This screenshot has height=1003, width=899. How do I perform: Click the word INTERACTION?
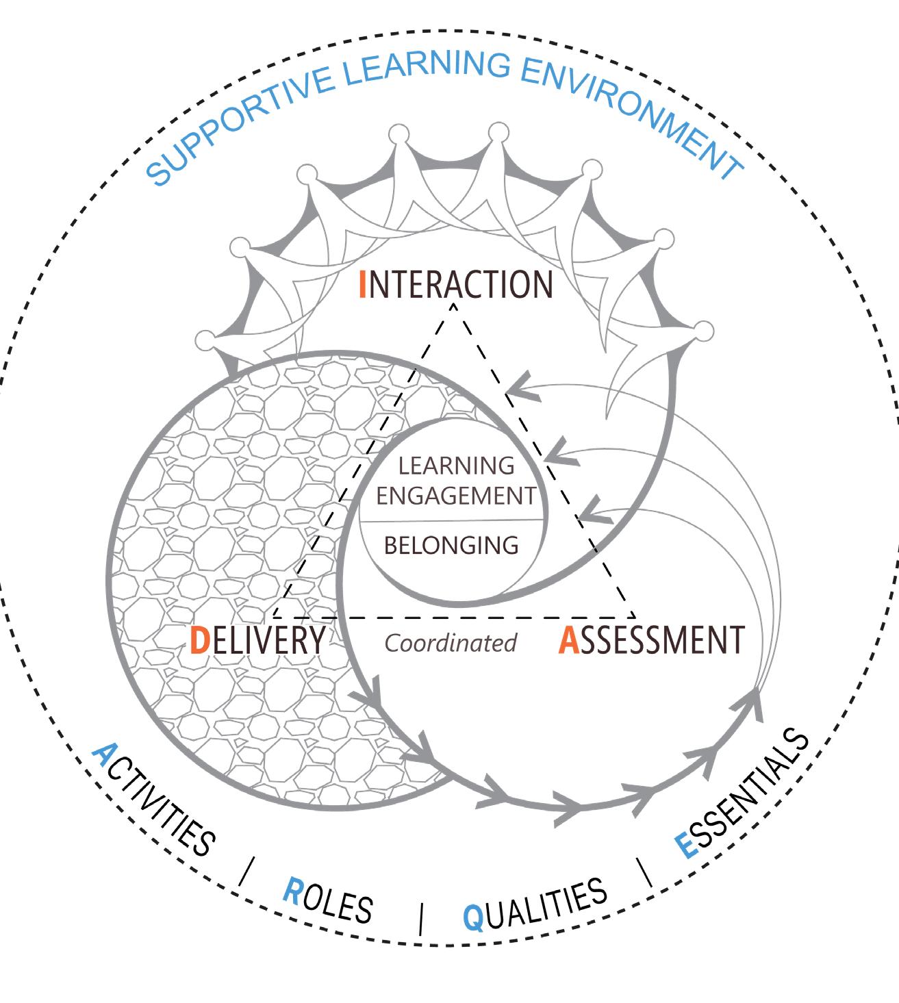[456, 284]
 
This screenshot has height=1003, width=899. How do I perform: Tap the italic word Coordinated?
[450, 643]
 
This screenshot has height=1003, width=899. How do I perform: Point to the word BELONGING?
[451, 546]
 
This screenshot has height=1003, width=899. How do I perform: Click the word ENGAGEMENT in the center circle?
[455, 495]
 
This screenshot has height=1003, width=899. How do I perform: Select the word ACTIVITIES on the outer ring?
[154, 801]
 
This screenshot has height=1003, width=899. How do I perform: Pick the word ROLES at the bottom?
[327, 901]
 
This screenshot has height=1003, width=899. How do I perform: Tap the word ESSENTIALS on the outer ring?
[743, 792]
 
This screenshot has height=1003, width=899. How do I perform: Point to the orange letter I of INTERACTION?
[362, 284]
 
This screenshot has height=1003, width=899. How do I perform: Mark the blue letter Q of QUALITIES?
[473, 917]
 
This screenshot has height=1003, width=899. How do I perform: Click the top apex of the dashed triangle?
[453, 303]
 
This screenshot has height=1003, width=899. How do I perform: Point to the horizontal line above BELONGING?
[452, 521]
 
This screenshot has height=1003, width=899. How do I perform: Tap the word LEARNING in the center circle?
[456, 466]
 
